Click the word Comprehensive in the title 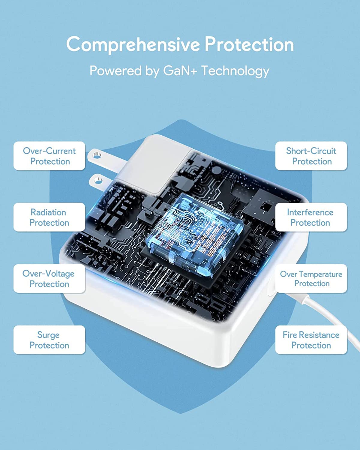133,44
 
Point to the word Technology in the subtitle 235,71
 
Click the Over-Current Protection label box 49,156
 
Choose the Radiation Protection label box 49,217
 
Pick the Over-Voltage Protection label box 49,278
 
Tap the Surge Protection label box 49,340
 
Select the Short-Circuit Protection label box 311,156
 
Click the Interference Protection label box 311,217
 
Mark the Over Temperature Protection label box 311,278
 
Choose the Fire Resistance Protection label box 311,340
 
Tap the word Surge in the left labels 49,335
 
